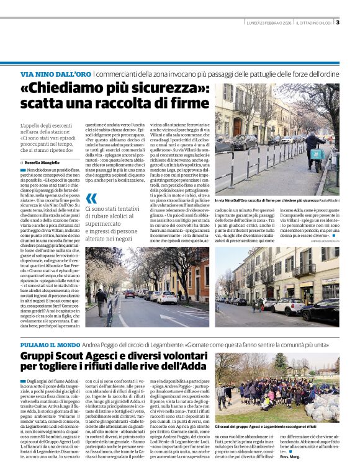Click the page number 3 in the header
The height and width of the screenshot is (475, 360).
click(x=338, y=23)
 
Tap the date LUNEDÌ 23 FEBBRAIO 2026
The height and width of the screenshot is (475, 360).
click(x=269, y=24)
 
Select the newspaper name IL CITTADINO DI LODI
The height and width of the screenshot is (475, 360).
click(x=314, y=24)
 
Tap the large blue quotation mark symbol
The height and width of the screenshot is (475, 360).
click(x=91, y=198)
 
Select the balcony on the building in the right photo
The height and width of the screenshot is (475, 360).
click(x=302, y=270)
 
